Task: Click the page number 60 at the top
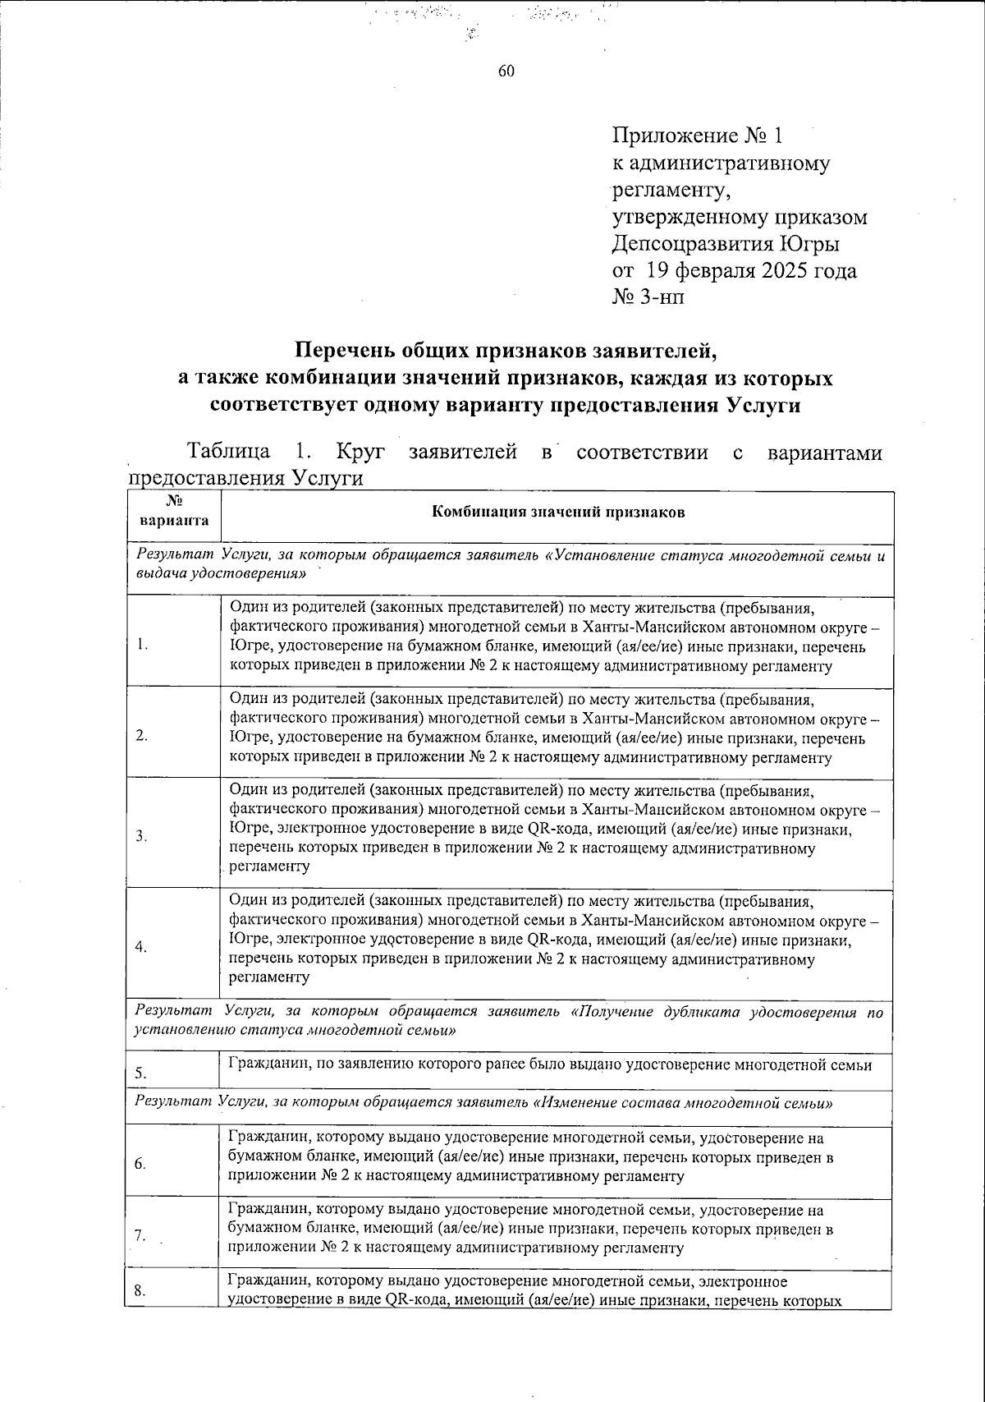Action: pyautogui.click(x=506, y=71)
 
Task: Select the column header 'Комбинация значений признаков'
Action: pyautogui.click(x=558, y=513)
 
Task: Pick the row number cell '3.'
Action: pyautogui.click(x=141, y=836)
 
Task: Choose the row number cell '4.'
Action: pyautogui.click(x=141, y=947)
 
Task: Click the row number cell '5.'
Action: pyautogui.click(x=141, y=1072)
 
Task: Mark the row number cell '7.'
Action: pyautogui.click(x=140, y=1234)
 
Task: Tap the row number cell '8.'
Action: pyautogui.click(x=140, y=1290)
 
